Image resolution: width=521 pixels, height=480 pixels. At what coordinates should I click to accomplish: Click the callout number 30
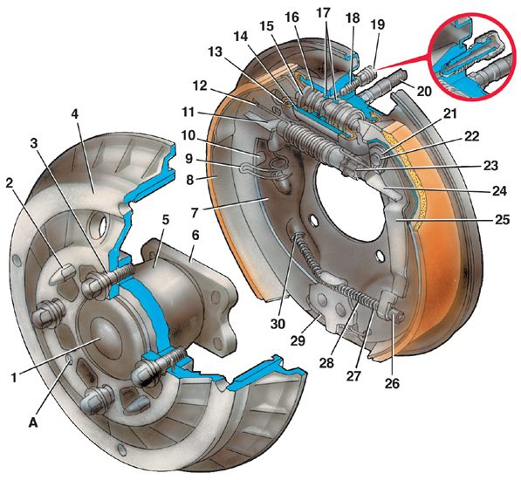click(x=278, y=323)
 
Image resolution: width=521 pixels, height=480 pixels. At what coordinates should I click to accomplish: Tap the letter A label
click(x=33, y=422)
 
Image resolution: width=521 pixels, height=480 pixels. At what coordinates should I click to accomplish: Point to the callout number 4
click(x=75, y=114)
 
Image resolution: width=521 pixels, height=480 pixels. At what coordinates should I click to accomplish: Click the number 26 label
click(x=392, y=383)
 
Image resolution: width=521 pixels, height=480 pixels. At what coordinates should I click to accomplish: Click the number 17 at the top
click(x=323, y=13)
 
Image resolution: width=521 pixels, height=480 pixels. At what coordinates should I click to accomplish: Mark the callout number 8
click(x=189, y=180)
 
